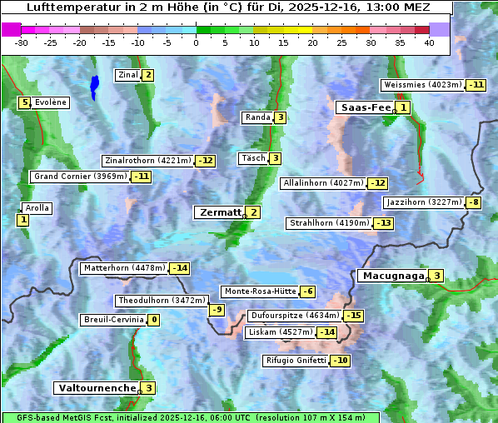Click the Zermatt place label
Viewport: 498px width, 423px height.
[220, 212]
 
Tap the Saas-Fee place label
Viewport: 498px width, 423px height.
[364, 107]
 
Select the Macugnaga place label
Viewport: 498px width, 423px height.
[391, 276]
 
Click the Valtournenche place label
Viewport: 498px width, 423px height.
[96, 388]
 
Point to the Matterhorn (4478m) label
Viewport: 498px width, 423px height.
[123, 268]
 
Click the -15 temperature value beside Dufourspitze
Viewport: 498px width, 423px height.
[354, 316]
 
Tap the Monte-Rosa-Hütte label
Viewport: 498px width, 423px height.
[258, 291]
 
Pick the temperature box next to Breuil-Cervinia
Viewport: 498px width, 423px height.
[154, 320]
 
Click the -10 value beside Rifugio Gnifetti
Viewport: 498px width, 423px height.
[341, 361]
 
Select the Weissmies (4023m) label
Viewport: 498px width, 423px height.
[422, 85]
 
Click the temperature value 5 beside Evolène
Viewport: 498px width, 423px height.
[25, 102]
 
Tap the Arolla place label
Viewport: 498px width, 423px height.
[37, 208]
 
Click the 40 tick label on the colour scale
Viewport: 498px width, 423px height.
[429, 42]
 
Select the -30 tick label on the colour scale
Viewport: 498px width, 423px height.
[22, 42]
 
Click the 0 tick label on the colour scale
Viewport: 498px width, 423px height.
[197, 42]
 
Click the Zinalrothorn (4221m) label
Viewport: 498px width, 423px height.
[147, 161]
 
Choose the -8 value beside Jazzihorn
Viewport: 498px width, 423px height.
[474, 202]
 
